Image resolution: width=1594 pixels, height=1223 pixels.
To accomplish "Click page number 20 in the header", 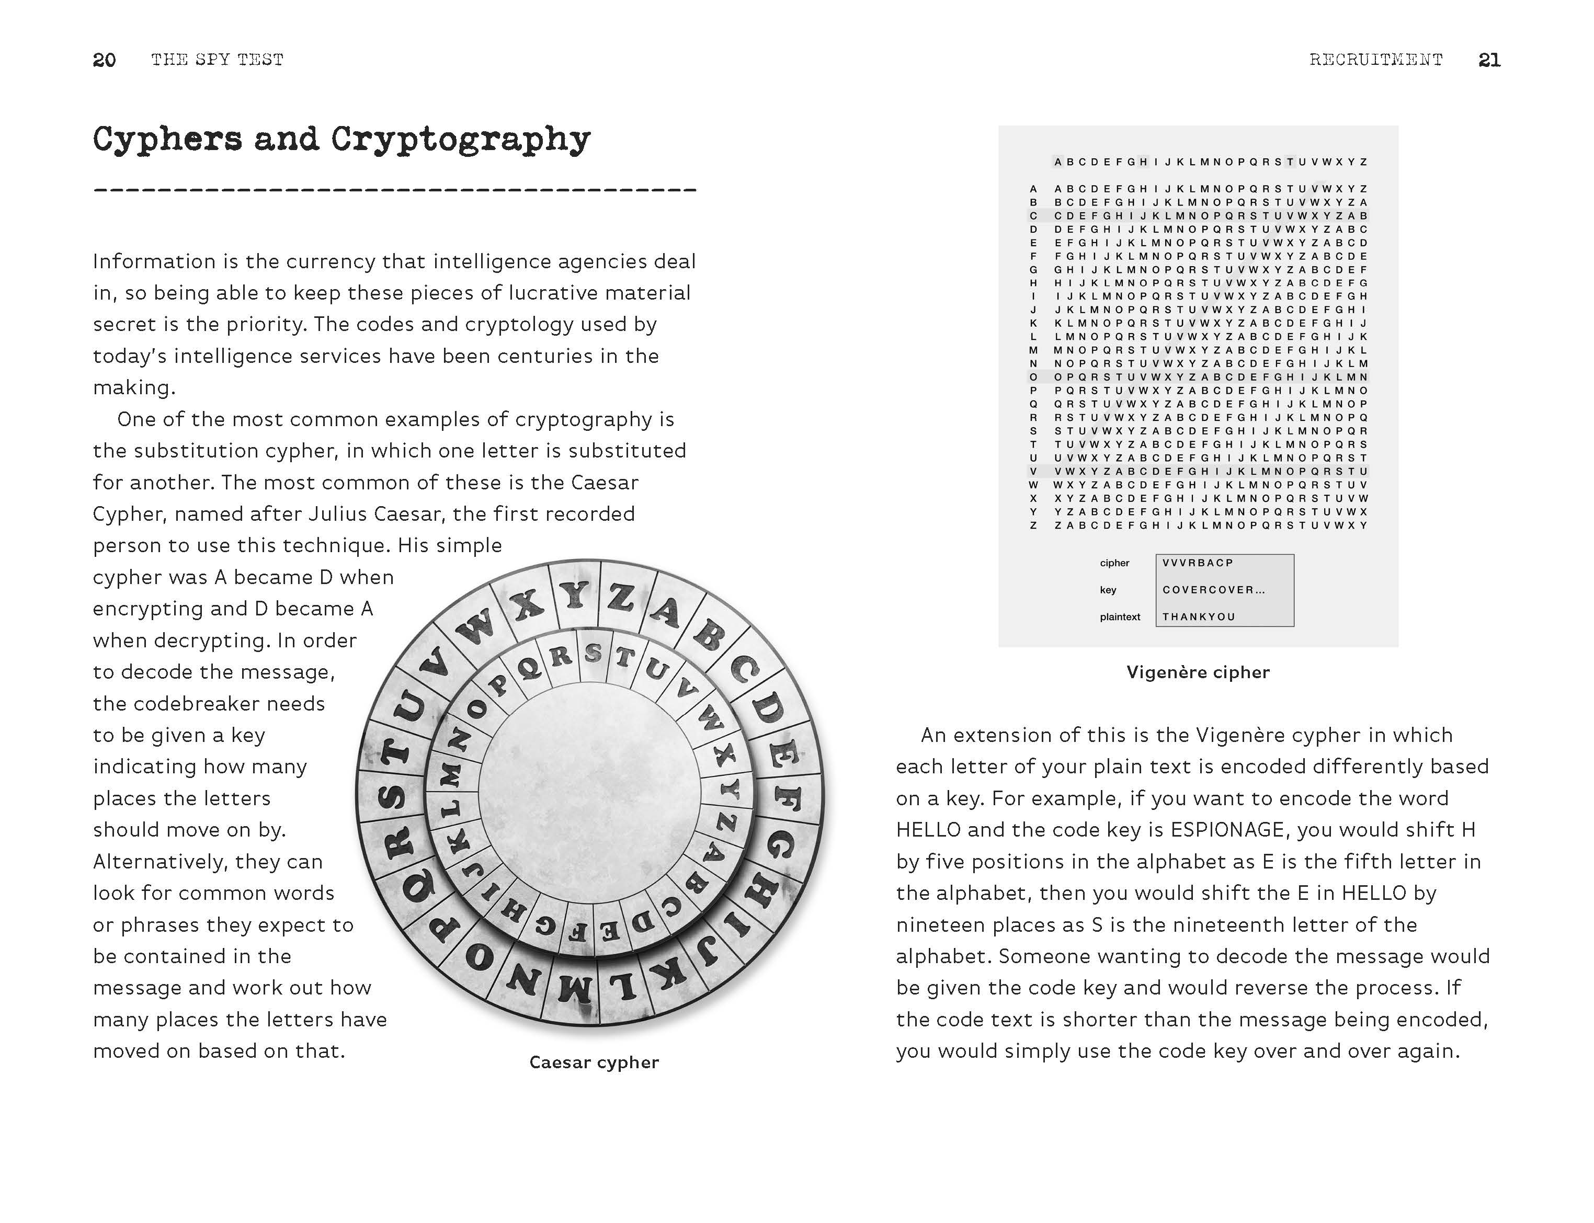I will pyautogui.click(x=104, y=60).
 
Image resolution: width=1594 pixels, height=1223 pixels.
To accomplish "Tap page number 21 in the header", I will pyautogui.click(x=1489, y=60).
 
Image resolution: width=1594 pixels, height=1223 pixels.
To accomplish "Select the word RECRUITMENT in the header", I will pyautogui.click(x=1375, y=60).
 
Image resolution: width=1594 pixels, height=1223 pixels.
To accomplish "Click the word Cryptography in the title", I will pyautogui.click(x=460, y=140).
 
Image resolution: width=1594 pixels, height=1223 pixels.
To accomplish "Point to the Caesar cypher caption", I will pyautogui.click(x=594, y=1062).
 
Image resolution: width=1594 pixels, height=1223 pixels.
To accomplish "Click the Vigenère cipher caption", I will pyautogui.click(x=1198, y=672).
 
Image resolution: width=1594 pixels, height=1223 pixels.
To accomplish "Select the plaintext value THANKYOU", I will pyautogui.click(x=1199, y=616).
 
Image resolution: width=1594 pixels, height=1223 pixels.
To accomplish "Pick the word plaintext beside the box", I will pyautogui.click(x=1120, y=616).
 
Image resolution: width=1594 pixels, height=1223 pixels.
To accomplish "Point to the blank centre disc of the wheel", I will pyautogui.click(x=590, y=794).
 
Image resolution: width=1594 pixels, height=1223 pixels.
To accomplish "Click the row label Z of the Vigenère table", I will pyautogui.click(x=1032, y=525).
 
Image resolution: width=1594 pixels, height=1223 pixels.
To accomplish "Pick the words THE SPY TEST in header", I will pyautogui.click(x=217, y=60).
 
